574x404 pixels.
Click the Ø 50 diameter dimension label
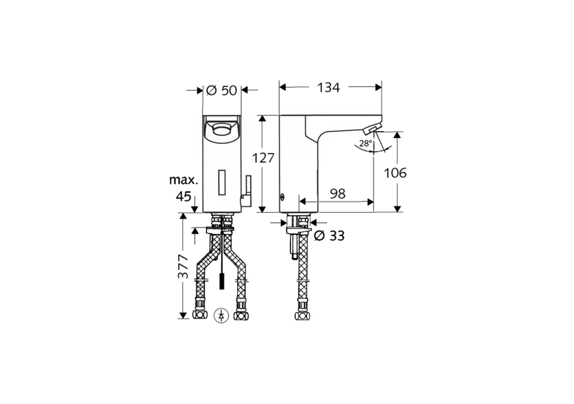(x=222, y=90)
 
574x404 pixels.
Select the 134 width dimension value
(x=329, y=88)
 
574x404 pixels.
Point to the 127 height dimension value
(x=263, y=158)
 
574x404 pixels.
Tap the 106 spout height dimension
(x=395, y=173)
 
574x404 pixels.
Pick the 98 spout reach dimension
(x=337, y=194)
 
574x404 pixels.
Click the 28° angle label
(x=366, y=144)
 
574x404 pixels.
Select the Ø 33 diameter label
(x=329, y=236)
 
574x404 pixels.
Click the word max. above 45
(x=183, y=180)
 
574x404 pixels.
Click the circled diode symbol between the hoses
(x=222, y=315)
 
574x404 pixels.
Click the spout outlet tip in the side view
(x=370, y=130)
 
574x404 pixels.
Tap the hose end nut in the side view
(x=301, y=315)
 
